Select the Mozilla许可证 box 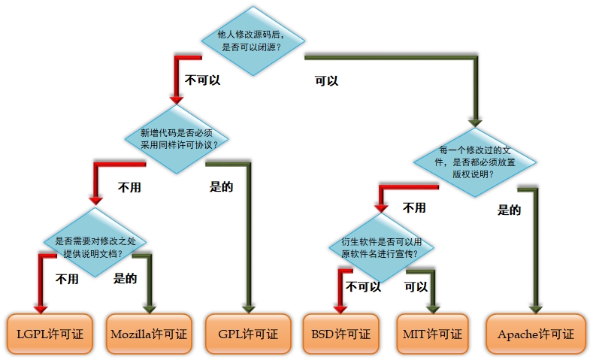[x=149, y=334]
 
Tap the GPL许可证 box [x=247, y=334]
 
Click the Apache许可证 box [x=535, y=334]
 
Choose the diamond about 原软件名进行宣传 [x=380, y=247]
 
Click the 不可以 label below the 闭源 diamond [x=202, y=79]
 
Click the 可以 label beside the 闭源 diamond [x=326, y=80]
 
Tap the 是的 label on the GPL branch [x=221, y=186]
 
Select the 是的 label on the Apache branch [x=509, y=210]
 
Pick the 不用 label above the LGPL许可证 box [x=67, y=280]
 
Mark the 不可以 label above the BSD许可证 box [x=363, y=286]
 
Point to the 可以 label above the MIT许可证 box [x=416, y=286]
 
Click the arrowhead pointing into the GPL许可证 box [x=247, y=307]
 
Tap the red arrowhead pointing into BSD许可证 [x=340, y=307]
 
